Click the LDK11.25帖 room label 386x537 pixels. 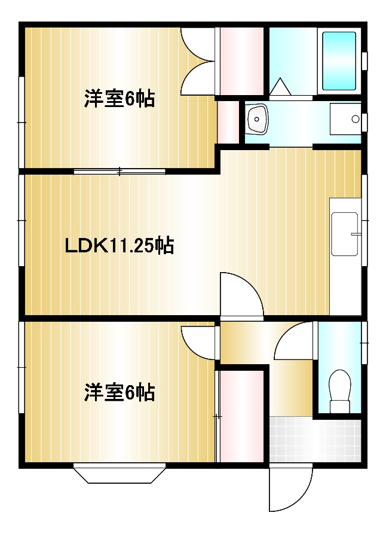(119, 245)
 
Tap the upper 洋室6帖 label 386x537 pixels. (119, 99)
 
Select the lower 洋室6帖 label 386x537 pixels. (119, 393)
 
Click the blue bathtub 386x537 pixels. (339, 60)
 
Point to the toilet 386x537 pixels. (339, 392)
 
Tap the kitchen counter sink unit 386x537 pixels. (345, 234)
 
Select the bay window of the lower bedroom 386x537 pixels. (120, 473)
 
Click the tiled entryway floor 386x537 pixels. (315, 439)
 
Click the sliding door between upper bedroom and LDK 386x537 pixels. (120, 172)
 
